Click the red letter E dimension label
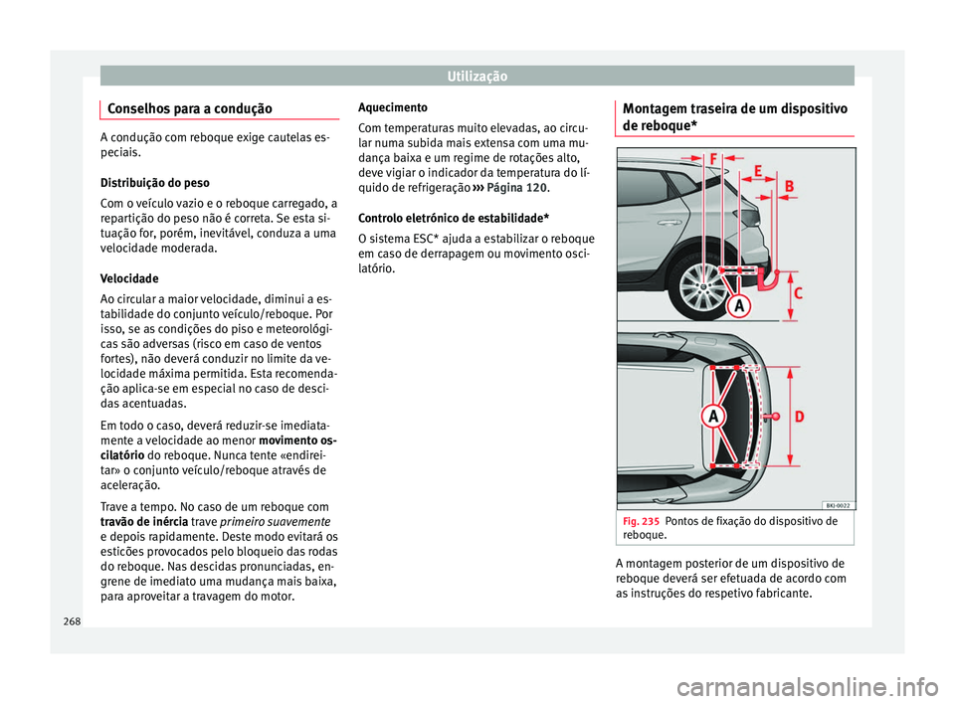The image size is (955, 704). (x=759, y=172)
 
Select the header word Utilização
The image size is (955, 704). (x=477, y=76)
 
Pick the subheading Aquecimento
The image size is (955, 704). (x=392, y=107)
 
